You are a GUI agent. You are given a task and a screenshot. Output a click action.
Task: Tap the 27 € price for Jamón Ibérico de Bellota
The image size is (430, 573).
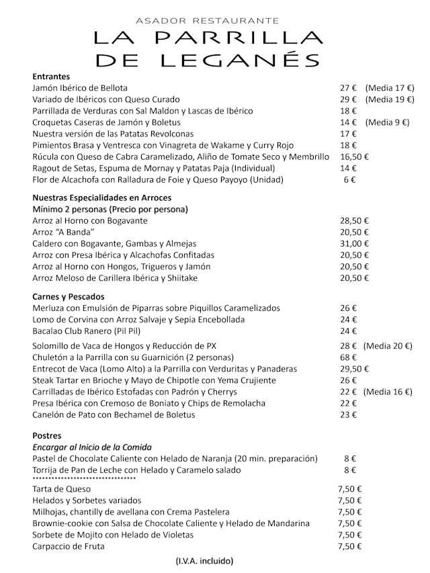[348, 88]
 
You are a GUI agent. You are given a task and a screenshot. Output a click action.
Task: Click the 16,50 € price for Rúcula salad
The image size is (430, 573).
[354, 157]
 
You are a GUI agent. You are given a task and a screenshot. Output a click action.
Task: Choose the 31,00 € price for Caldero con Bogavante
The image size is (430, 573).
[354, 244]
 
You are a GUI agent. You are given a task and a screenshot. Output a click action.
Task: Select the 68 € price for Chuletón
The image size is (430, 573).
[348, 357]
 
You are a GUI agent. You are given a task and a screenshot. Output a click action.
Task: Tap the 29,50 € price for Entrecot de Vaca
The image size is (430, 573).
[354, 369]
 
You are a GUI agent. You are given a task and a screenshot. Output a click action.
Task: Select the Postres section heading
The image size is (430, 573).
[47, 436]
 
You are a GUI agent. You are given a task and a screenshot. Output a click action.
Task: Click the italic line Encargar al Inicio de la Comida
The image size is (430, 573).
[92, 447]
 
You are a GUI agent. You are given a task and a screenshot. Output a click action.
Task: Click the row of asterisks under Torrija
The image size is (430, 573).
[84, 479]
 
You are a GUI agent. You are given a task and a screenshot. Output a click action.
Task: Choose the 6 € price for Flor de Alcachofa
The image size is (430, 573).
[349, 179]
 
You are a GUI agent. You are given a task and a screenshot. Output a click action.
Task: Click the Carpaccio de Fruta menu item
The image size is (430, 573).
[69, 546]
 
